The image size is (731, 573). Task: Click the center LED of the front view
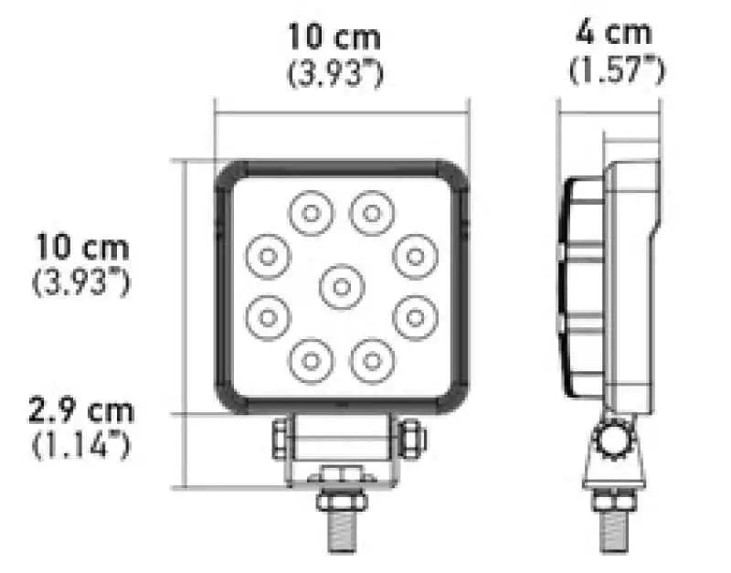(x=342, y=287)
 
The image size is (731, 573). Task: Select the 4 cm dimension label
(x=613, y=33)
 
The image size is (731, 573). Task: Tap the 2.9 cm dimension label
(x=81, y=410)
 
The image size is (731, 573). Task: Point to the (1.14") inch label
(x=81, y=445)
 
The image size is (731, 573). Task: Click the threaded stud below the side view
(x=614, y=531)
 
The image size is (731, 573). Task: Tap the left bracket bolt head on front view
(x=280, y=439)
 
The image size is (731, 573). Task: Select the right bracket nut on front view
(x=412, y=439)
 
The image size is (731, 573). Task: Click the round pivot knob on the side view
(x=614, y=439)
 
